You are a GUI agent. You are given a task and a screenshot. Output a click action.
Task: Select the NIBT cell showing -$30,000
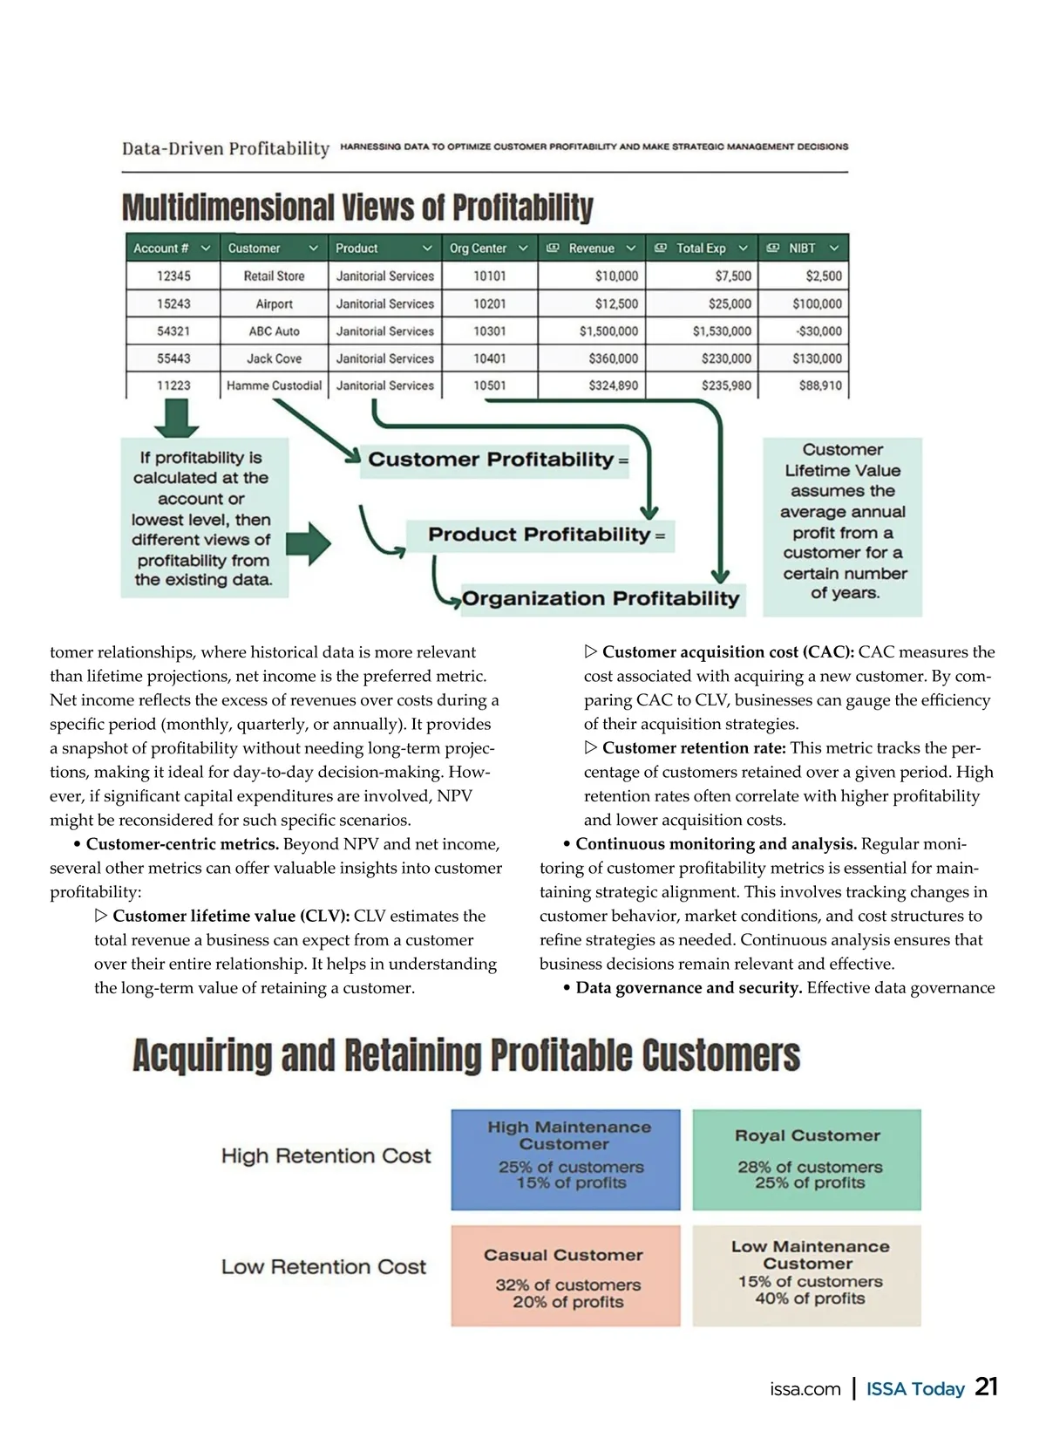(818, 331)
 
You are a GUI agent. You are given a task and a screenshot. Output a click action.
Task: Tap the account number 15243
(173, 303)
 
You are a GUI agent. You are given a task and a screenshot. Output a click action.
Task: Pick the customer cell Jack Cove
(274, 358)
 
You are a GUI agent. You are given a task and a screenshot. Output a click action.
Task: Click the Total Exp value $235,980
(726, 385)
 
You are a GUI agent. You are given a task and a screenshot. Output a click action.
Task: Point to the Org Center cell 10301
(489, 331)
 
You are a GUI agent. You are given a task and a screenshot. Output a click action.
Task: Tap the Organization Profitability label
(601, 598)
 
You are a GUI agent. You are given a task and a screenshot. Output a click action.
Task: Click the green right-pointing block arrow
(308, 544)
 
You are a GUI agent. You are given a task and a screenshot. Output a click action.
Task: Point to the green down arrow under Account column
(176, 418)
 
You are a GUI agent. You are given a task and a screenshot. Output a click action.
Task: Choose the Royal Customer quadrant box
(806, 1159)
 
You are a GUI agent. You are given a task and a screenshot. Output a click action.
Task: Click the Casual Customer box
(565, 1276)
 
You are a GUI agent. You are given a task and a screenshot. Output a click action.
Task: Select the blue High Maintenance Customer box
(565, 1159)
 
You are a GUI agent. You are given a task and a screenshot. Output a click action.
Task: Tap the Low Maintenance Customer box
(806, 1276)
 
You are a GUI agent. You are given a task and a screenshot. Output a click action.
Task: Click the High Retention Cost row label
(326, 1156)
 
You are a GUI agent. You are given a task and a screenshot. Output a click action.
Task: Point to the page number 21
(986, 1387)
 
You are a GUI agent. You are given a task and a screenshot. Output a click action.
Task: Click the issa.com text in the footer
(805, 1389)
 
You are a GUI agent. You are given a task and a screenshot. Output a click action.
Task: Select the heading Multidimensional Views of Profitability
(357, 208)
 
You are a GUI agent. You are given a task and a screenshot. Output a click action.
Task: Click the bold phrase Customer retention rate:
(694, 748)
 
